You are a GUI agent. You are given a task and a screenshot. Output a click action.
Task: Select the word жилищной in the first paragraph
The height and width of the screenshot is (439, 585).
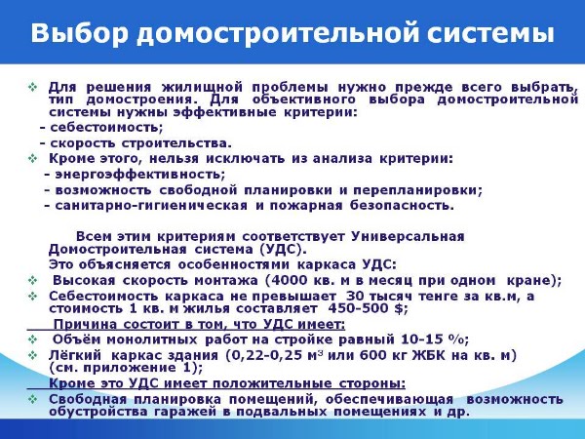[x=202, y=88]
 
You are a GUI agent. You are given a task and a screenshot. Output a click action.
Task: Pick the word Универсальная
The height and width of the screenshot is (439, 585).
[x=408, y=237]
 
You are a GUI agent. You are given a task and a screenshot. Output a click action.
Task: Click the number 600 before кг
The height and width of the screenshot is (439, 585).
[x=373, y=355]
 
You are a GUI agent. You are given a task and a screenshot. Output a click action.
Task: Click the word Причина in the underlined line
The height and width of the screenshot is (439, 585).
[x=86, y=324]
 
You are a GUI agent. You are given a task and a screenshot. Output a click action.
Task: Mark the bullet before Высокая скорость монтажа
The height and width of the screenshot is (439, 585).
[x=33, y=280]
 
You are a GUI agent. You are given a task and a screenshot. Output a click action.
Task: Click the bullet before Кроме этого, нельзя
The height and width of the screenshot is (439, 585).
[x=33, y=159]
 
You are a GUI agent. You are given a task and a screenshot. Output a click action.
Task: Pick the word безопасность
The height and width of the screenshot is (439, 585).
[x=402, y=206]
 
